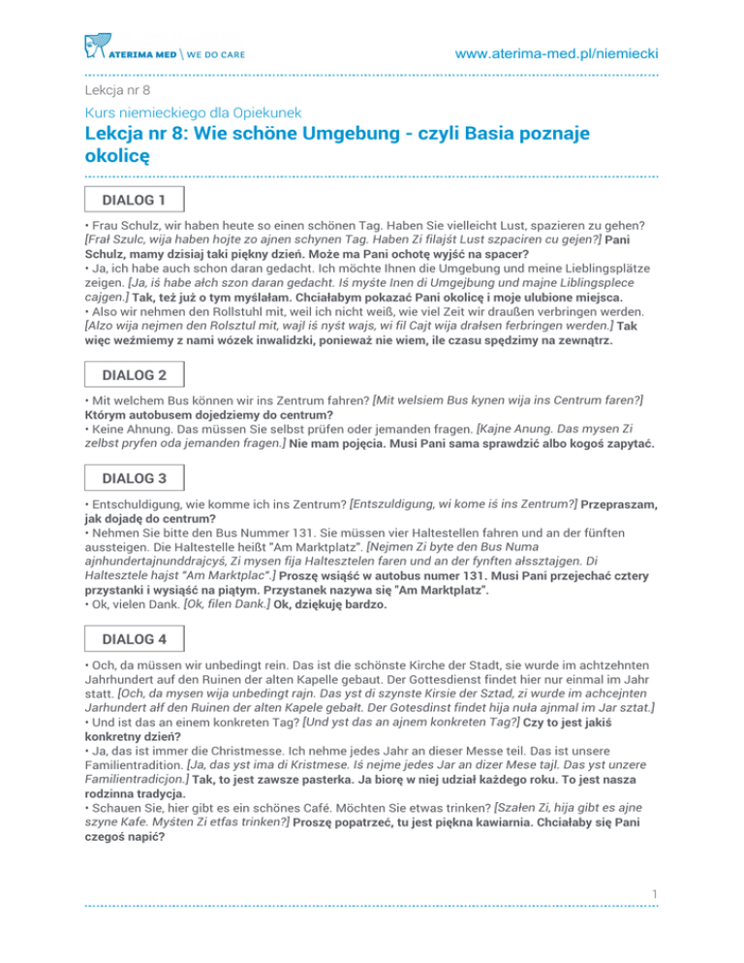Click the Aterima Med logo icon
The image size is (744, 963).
95,44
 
